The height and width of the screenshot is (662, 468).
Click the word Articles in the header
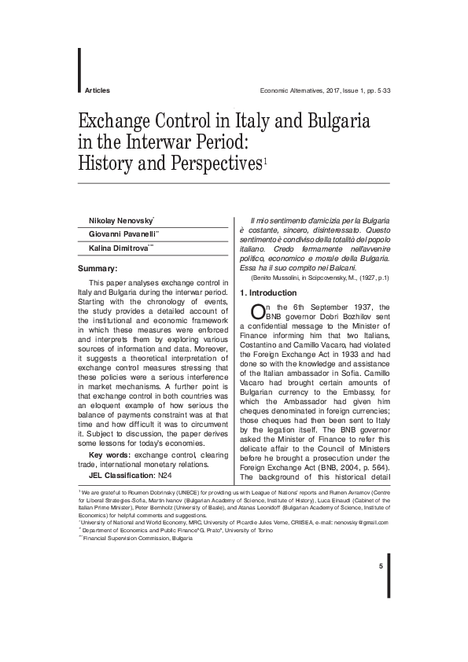(x=96, y=91)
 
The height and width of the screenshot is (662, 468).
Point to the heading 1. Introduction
(x=269, y=292)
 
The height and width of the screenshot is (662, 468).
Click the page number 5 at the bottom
(x=381, y=567)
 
